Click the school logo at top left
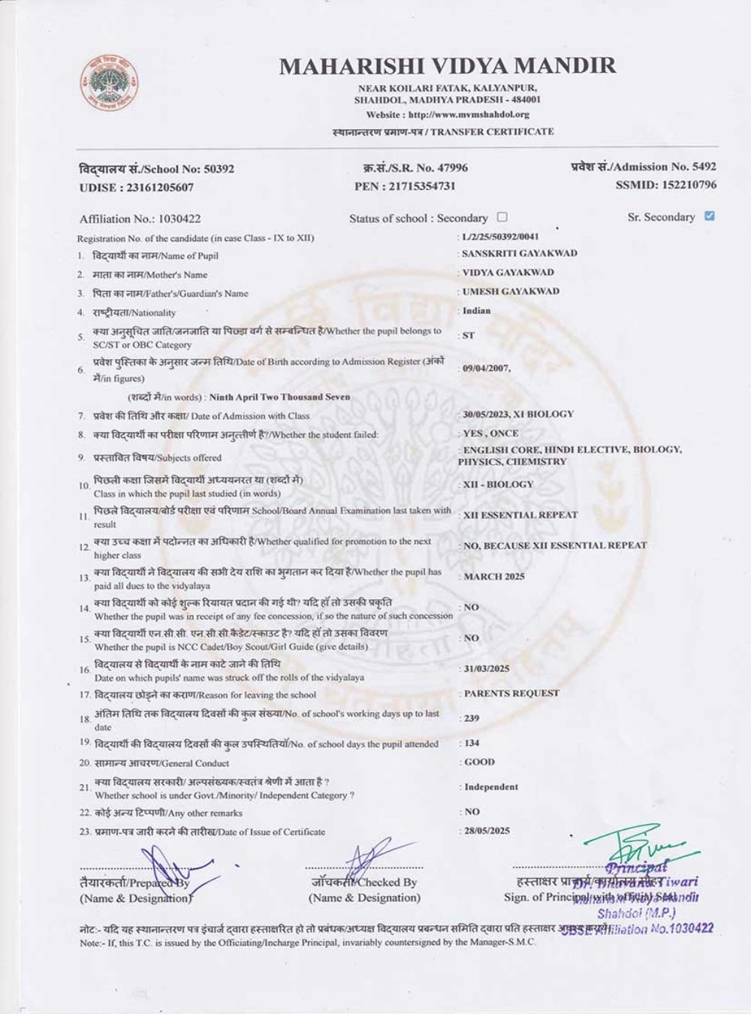(x=110, y=82)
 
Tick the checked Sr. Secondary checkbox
(x=710, y=216)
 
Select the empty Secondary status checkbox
(x=502, y=217)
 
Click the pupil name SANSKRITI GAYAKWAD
(x=520, y=254)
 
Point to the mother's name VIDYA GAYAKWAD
(x=508, y=273)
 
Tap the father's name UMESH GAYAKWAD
(x=511, y=291)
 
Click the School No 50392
(x=219, y=169)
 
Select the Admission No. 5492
(x=704, y=167)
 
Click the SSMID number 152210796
(x=689, y=185)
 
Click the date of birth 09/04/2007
(x=487, y=369)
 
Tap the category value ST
(x=469, y=336)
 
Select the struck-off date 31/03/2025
(x=487, y=668)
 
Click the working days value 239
(x=472, y=718)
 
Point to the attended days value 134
(x=472, y=743)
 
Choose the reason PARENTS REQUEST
(x=511, y=693)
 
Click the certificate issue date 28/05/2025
(x=487, y=831)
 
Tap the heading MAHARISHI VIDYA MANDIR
(x=448, y=66)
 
